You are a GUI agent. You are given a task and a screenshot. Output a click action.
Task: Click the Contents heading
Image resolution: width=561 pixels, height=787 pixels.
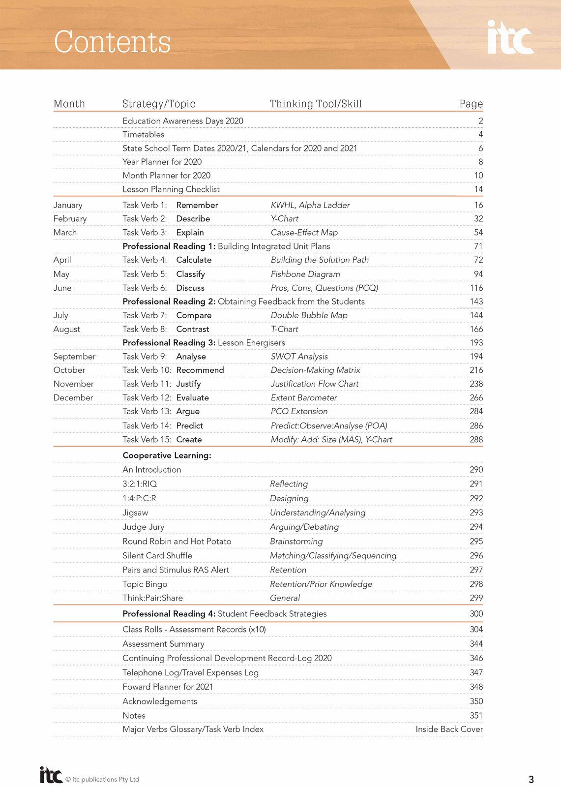112,42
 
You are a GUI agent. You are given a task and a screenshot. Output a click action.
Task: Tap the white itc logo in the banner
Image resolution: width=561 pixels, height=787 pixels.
510,37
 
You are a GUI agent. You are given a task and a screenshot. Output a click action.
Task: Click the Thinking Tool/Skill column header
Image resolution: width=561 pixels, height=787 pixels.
315,104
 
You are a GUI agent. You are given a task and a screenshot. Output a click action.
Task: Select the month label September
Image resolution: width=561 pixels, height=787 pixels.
74,357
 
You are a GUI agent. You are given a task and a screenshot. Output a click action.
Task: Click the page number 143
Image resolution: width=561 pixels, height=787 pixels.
476,302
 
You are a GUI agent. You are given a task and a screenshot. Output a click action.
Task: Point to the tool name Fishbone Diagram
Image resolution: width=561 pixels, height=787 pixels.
305,274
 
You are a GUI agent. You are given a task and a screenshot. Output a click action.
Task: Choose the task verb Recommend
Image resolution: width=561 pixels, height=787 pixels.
200,370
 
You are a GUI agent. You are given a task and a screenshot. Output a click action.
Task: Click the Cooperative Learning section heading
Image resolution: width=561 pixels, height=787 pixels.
167,455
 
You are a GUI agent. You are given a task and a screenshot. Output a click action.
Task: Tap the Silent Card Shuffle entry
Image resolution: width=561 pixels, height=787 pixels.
157,555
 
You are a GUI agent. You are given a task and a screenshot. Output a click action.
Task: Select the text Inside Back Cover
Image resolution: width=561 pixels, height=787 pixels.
449,729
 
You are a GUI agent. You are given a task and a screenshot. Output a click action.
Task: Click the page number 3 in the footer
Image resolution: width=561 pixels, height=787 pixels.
531,779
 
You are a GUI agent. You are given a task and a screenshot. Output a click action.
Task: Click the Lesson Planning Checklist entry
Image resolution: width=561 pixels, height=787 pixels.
171,189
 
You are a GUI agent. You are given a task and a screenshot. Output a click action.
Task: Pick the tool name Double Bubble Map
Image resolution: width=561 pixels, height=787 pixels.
309,315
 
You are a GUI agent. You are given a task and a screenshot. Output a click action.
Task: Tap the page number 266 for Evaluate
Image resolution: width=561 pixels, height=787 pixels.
476,397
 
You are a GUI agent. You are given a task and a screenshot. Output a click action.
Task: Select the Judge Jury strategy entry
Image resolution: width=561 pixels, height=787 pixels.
143,527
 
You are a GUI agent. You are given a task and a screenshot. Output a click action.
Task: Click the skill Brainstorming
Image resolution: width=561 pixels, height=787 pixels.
296,541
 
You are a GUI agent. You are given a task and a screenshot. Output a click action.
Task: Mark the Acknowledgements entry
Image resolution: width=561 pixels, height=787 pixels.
159,701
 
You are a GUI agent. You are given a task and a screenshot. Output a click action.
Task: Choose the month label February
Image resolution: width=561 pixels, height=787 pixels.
70,219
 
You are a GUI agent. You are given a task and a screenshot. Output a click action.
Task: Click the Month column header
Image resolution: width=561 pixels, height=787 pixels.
69,104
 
